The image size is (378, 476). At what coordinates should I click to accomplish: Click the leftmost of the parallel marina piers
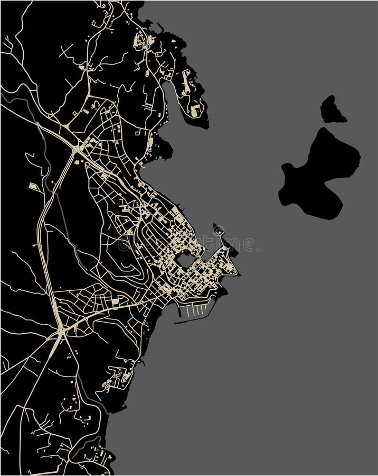pyautogui.click(x=188, y=310)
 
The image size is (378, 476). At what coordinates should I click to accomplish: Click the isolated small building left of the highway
pyautogui.click(x=33, y=186)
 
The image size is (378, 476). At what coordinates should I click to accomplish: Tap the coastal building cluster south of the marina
pyautogui.click(x=119, y=377)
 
